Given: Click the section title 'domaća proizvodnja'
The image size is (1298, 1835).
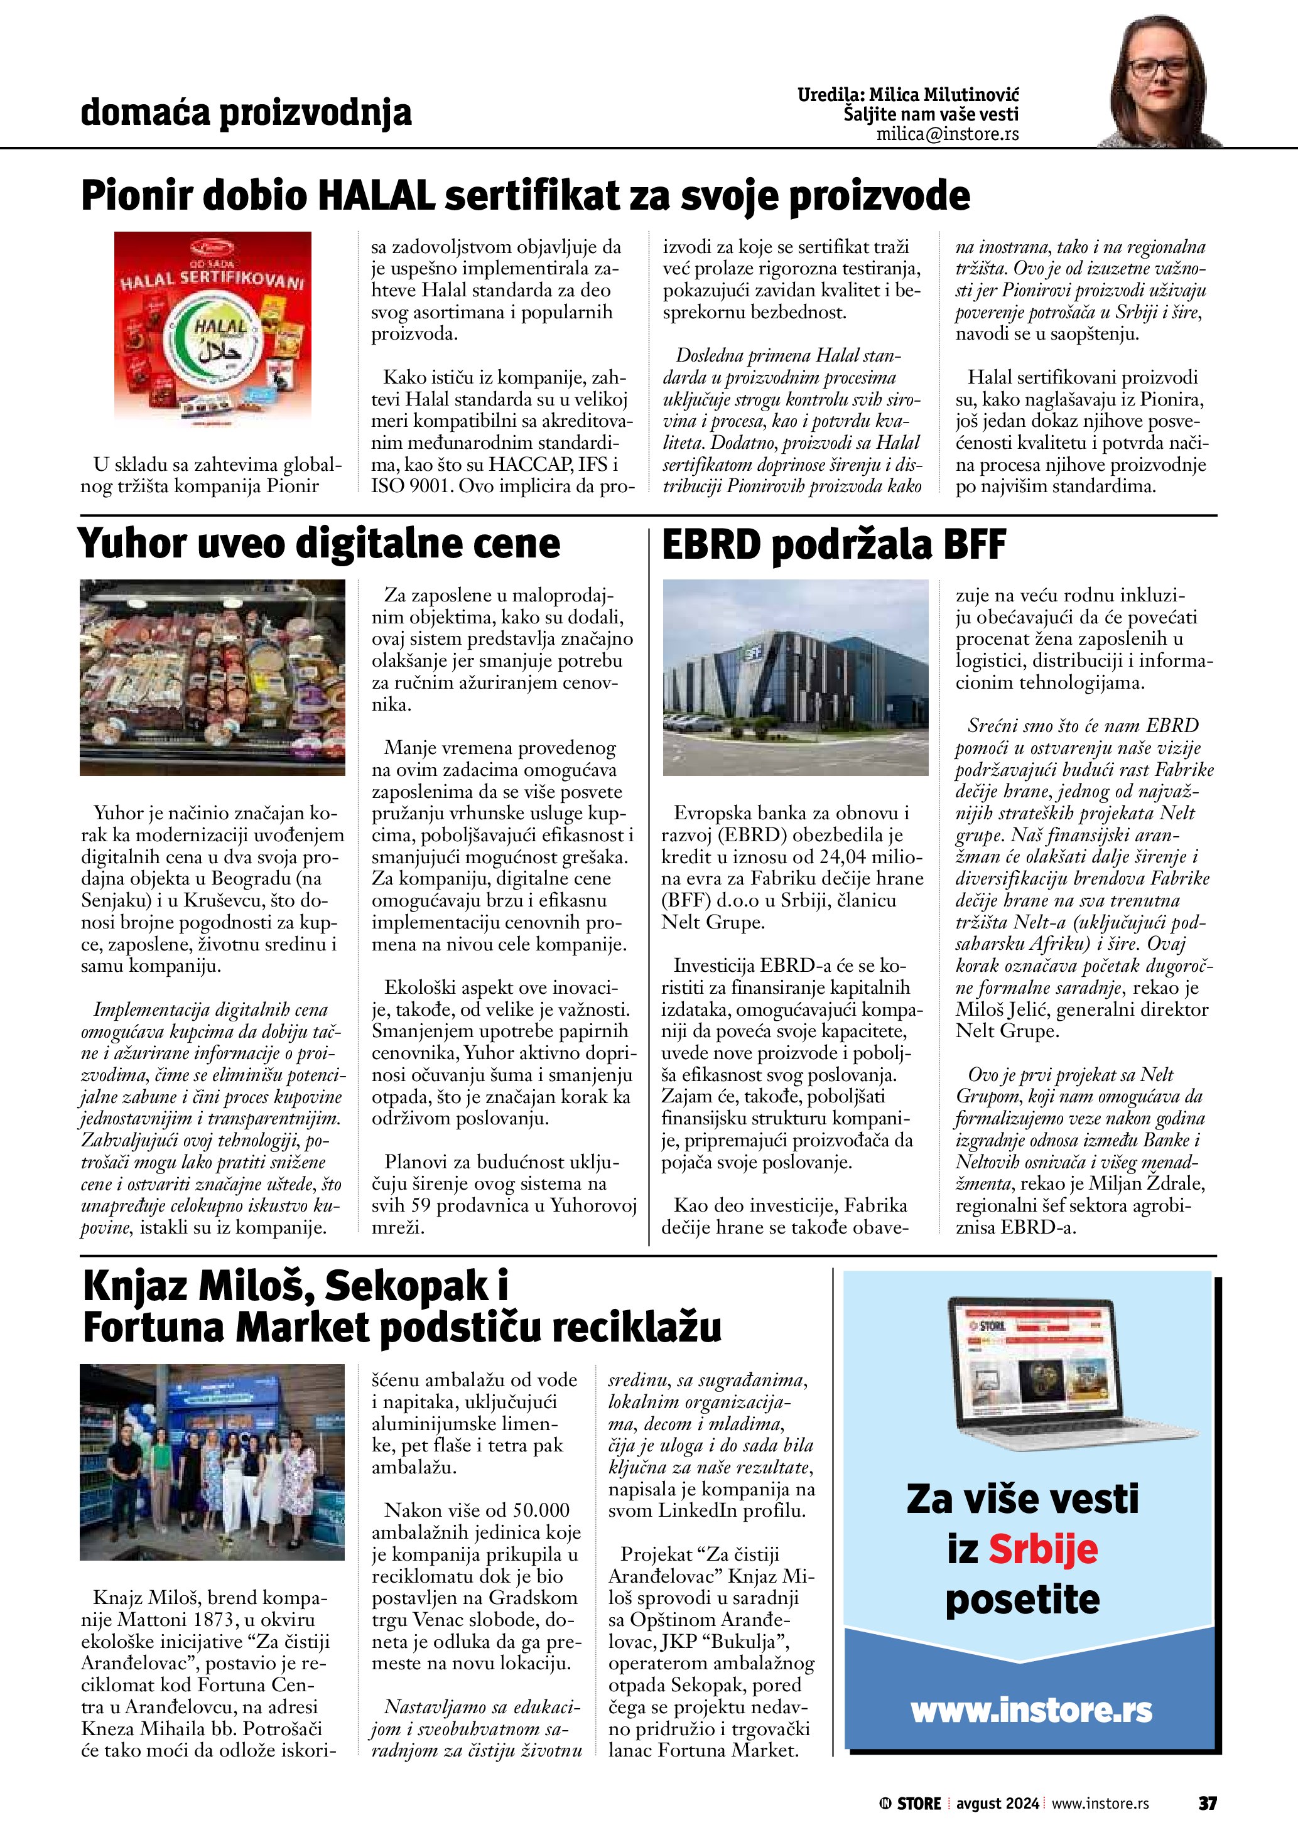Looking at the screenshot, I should point(246,113).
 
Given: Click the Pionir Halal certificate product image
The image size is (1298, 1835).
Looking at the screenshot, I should point(213,328).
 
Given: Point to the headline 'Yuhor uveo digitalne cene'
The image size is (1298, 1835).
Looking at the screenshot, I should point(319,544).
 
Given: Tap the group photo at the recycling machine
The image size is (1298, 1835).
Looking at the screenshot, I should point(213,1461).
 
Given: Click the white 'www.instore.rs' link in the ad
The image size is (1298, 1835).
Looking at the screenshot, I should point(1031,1711).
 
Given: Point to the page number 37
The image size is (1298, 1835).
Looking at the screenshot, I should point(1207,1804).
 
